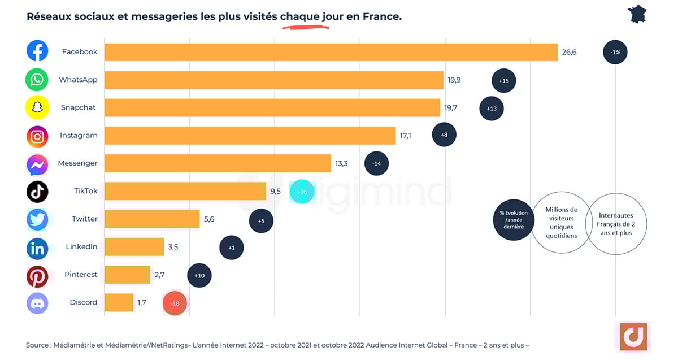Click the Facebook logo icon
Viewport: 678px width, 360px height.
[x=37, y=51]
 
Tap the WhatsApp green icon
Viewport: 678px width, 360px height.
[x=37, y=80]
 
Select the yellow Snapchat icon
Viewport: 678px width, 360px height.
[x=37, y=107]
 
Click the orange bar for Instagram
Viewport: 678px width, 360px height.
[x=250, y=136]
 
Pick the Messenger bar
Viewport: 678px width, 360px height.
[x=218, y=163]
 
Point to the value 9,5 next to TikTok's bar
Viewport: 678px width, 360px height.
[x=276, y=192]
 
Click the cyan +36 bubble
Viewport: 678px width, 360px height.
[x=302, y=192]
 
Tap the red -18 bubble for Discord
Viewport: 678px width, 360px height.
[x=175, y=303]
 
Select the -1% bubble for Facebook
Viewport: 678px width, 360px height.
[x=615, y=52]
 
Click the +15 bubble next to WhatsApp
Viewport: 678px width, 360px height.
[x=503, y=81]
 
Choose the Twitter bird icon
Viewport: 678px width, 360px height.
[x=37, y=219]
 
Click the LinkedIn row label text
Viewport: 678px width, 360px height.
[x=81, y=247]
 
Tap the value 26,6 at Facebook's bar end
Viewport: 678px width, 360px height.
[x=569, y=52]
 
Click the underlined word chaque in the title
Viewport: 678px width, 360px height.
[x=299, y=17]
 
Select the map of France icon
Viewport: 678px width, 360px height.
[x=637, y=14]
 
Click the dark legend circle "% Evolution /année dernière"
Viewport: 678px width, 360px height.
[x=513, y=220]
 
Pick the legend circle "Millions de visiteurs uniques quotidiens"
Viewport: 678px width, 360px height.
[x=560, y=222]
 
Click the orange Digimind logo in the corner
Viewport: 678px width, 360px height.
[x=632, y=337]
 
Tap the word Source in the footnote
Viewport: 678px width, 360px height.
[x=37, y=345]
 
